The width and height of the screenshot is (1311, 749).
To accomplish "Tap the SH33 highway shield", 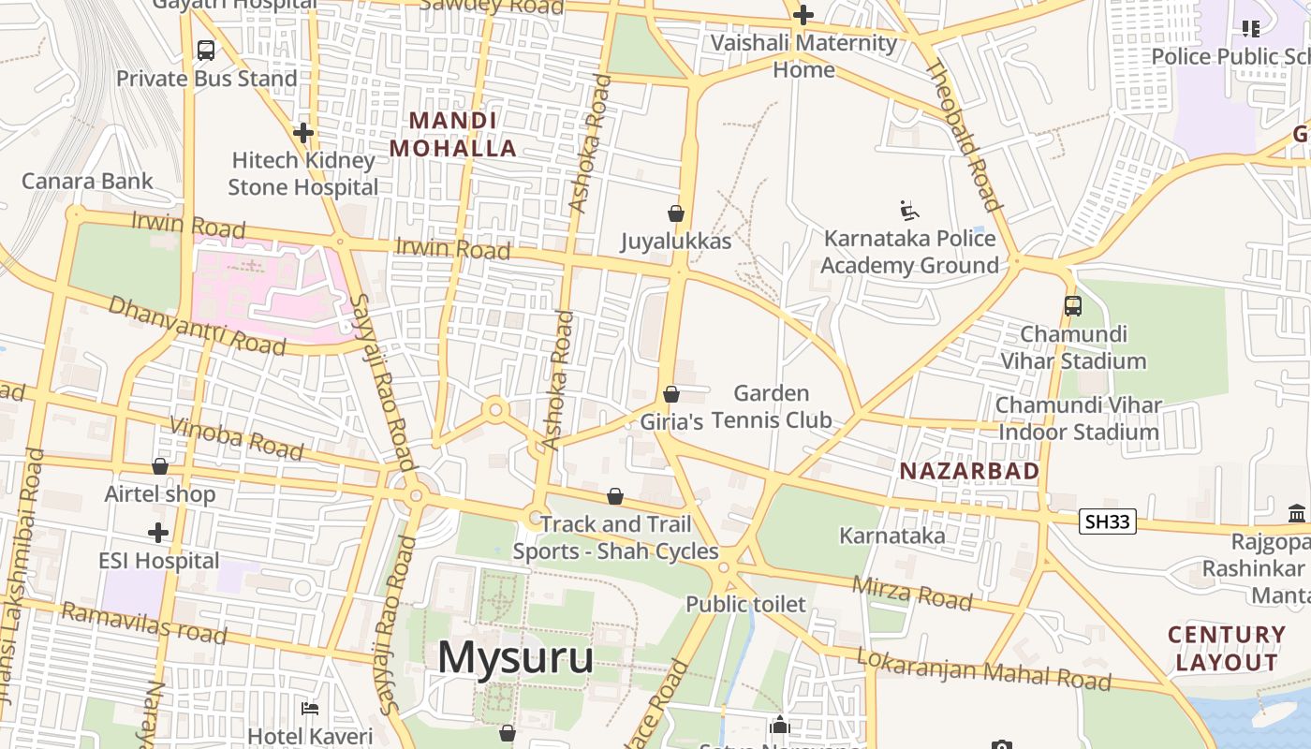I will [x=1108, y=521].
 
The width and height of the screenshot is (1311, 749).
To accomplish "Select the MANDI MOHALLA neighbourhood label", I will [x=453, y=134].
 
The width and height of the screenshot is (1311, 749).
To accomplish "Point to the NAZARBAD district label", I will [x=969, y=471].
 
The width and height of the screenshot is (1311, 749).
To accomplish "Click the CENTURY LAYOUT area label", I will [x=1227, y=648].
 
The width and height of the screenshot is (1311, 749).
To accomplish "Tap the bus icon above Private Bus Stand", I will [x=206, y=51].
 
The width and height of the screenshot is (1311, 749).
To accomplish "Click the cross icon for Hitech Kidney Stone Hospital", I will [x=302, y=133].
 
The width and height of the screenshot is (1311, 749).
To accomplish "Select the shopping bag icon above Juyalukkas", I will [x=676, y=213].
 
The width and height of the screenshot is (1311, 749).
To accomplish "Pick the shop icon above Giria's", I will [x=671, y=394].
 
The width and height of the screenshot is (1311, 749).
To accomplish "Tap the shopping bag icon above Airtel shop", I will [x=160, y=465].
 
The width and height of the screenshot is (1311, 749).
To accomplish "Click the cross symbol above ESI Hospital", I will [x=158, y=533].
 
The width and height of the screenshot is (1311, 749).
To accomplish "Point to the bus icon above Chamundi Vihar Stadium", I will [x=1073, y=305].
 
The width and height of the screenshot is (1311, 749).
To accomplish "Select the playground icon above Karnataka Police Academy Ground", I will [x=908, y=210].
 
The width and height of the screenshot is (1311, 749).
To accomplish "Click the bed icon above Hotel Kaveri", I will [x=310, y=709].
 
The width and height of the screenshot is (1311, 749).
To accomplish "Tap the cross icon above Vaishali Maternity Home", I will [x=803, y=15].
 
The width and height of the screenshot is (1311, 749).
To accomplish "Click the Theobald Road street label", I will [x=965, y=137].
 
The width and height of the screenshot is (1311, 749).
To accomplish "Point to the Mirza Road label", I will [x=911, y=592].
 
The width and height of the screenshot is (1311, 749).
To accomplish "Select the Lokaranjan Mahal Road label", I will [x=983, y=668].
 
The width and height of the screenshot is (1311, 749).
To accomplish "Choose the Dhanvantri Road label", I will [x=197, y=325].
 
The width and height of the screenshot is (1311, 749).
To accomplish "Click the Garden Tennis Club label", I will [x=772, y=406].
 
